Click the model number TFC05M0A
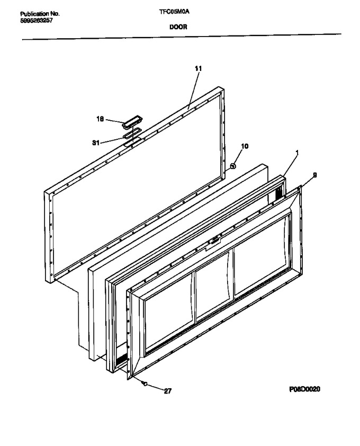[x=174, y=12]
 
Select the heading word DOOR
[x=178, y=27]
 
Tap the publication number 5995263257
[x=37, y=21]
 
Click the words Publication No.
[x=40, y=14]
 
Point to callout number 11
[x=198, y=68]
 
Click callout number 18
[x=100, y=119]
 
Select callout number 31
[x=96, y=143]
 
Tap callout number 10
[x=245, y=146]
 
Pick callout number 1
[x=297, y=153]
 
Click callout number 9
[x=315, y=175]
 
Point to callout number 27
[x=168, y=391]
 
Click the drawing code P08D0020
[x=304, y=389]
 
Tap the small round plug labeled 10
[x=233, y=166]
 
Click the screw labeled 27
[x=145, y=383]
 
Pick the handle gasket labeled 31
[x=132, y=133]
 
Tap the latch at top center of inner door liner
[x=215, y=240]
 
